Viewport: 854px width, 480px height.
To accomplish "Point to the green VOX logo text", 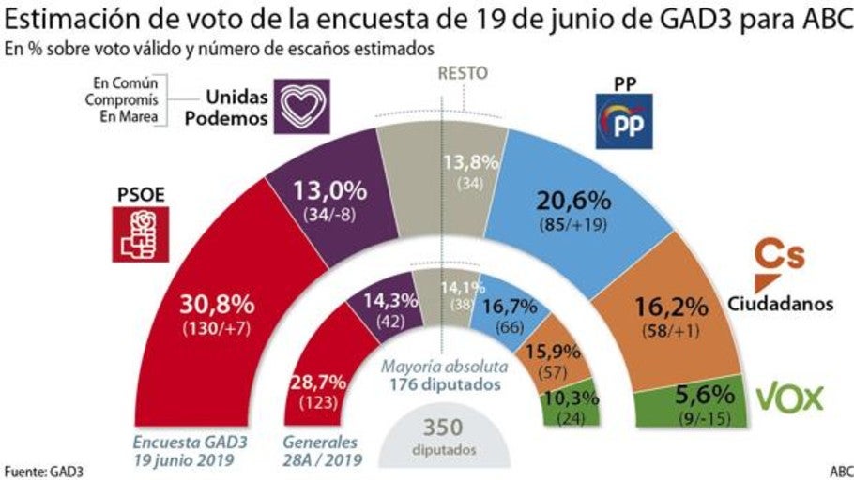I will (789, 397).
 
